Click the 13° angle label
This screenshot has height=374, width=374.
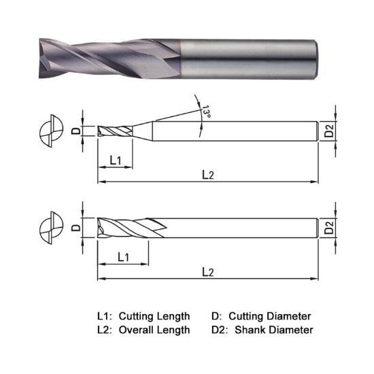click(206, 112)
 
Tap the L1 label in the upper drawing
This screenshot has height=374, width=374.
click(115, 160)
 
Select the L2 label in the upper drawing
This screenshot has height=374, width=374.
click(208, 175)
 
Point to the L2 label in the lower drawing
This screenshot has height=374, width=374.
click(208, 271)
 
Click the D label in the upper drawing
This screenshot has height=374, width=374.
click(76, 131)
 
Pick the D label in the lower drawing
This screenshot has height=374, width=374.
click(76, 228)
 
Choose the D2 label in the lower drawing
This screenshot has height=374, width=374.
click(329, 228)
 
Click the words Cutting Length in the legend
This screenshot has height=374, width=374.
click(154, 316)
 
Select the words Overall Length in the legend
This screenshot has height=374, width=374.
click(154, 330)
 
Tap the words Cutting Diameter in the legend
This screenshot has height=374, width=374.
click(270, 316)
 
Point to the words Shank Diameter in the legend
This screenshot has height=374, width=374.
click(274, 330)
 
